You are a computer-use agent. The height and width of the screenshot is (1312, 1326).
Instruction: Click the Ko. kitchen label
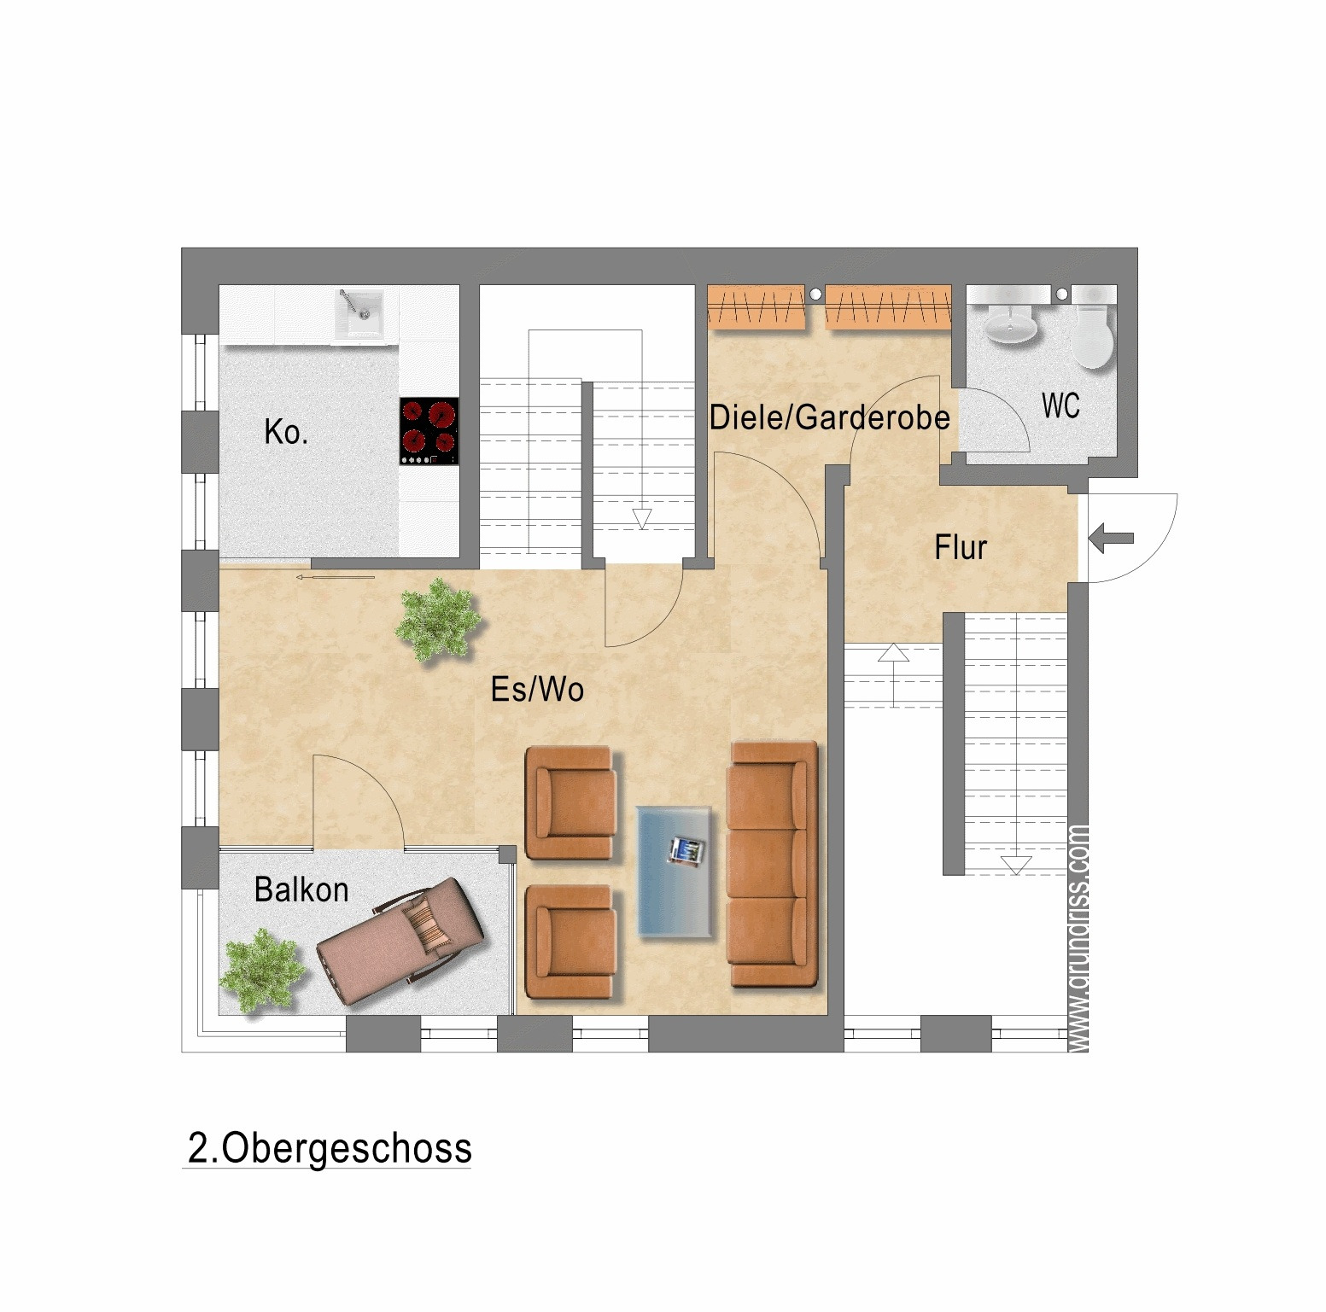click(x=286, y=433)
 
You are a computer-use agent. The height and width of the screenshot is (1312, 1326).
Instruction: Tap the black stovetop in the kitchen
click(x=429, y=430)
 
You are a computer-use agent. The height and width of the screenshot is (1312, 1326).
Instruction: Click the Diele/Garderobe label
click(x=829, y=417)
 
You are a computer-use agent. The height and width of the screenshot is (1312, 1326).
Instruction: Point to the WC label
click(x=1060, y=406)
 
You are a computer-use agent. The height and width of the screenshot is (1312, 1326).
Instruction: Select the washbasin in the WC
click(x=1011, y=324)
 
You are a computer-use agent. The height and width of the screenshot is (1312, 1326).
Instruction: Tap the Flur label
click(x=961, y=548)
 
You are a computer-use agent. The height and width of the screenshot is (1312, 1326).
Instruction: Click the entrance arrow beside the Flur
click(x=1112, y=539)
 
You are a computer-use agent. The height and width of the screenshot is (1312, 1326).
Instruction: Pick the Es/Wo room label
click(x=537, y=690)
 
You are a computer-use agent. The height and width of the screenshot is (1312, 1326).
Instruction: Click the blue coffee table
click(x=675, y=872)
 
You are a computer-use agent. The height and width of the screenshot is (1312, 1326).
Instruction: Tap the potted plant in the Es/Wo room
click(x=437, y=619)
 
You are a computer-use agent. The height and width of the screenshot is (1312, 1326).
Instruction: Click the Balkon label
click(x=301, y=890)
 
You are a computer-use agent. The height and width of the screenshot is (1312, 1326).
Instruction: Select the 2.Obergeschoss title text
click(x=329, y=1149)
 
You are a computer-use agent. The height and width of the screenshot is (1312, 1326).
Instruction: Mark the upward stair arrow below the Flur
click(x=893, y=654)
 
